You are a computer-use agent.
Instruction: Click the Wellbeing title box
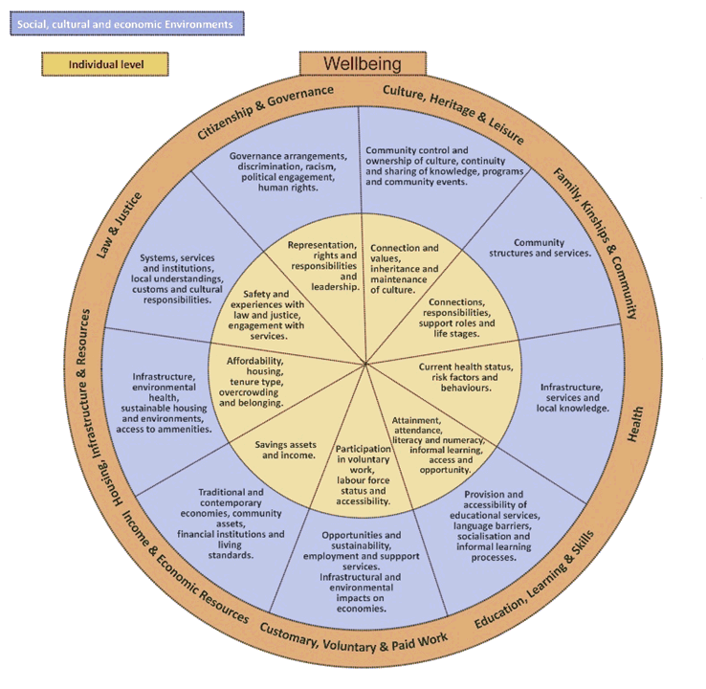(362, 63)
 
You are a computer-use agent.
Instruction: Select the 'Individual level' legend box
(105, 64)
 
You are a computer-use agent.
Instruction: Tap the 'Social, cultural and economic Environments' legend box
(124, 23)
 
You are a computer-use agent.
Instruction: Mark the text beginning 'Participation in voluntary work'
(363, 474)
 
